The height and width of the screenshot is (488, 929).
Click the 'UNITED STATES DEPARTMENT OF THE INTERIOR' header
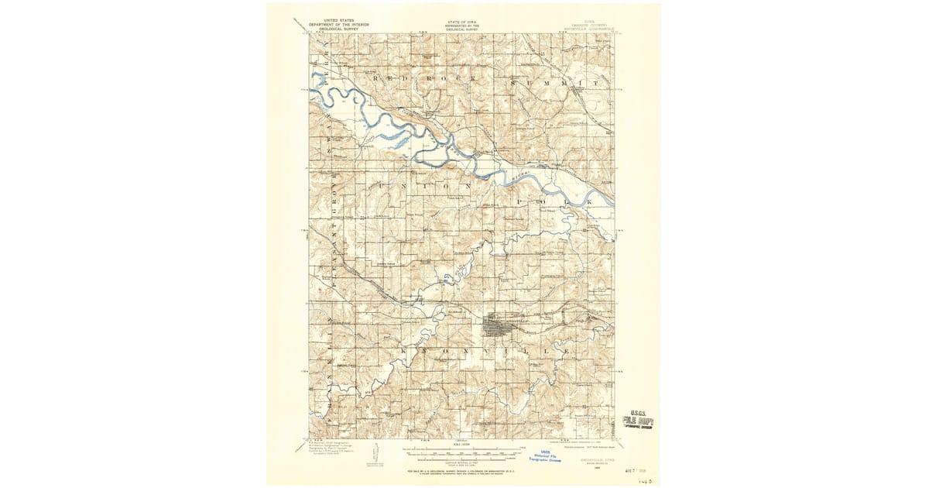[x=338, y=24]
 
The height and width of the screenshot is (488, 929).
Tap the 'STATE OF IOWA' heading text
[x=463, y=22]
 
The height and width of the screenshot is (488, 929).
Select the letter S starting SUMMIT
[x=516, y=81]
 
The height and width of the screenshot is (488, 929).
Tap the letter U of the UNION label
[x=382, y=187]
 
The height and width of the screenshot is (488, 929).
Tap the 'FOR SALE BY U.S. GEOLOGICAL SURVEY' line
[x=463, y=470]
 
